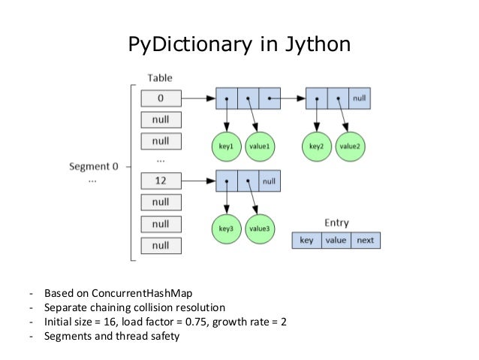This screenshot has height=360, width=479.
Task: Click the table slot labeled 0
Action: coord(160,98)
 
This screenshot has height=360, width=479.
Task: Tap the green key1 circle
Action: coord(227,147)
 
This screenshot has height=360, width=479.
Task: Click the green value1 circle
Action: coord(260,147)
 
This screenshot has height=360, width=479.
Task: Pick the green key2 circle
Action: coord(316,147)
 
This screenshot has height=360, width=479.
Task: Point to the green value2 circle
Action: coord(350,147)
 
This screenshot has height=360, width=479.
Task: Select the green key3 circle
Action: coord(227,228)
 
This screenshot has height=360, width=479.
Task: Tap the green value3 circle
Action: coord(259,228)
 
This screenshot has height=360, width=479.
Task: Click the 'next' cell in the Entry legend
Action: coord(365,241)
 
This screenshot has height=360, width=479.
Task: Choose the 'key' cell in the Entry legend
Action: coord(306,241)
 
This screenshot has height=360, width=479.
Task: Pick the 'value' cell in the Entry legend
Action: coord(335,241)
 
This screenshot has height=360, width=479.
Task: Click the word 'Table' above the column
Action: coord(160,78)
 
